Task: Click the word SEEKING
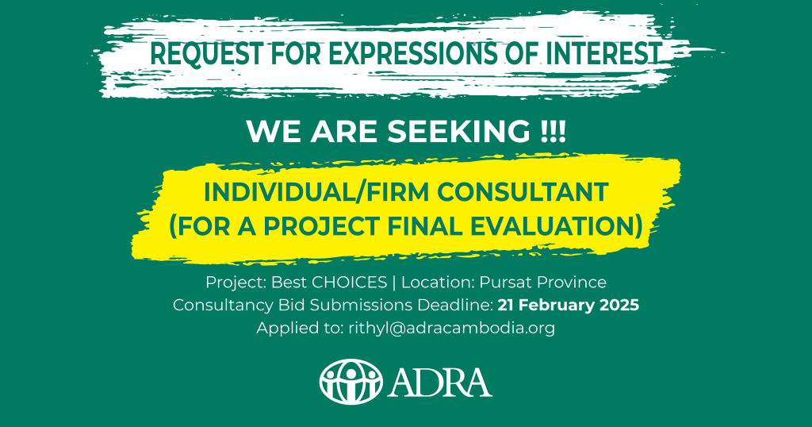pos(459,132)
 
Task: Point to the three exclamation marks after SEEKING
pos(553,132)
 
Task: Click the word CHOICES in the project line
pos(350,283)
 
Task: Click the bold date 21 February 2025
pos(568,306)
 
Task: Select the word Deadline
pos(455,306)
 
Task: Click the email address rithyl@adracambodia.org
pos(451,328)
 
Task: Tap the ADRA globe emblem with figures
pos(351,382)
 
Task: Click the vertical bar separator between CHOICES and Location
pos(394,283)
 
